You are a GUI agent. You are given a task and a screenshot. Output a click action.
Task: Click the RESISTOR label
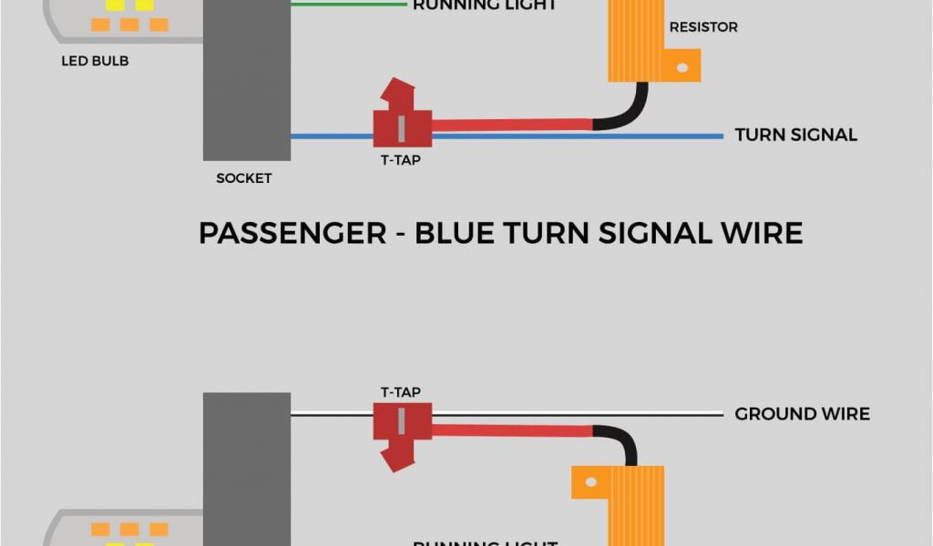[x=703, y=27]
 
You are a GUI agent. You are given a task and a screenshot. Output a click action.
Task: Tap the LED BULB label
[x=95, y=62]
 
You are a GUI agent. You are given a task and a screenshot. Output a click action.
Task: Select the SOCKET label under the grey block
[x=243, y=178]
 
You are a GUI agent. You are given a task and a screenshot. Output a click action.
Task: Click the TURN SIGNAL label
[x=795, y=135]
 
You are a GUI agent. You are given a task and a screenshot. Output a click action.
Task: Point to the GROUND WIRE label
[x=802, y=414]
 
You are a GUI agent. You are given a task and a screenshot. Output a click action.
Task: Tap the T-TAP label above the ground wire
[x=400, y=392]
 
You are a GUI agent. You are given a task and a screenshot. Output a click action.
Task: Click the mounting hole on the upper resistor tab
[x=682, y=65]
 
